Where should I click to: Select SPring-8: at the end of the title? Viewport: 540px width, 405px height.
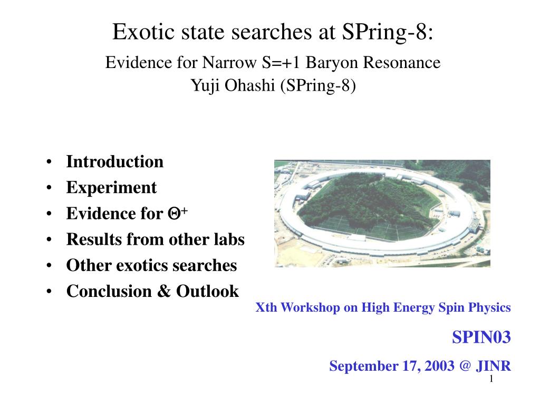click(x=388, y=33)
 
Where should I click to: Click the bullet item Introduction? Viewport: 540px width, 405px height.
click(x=114, y=161)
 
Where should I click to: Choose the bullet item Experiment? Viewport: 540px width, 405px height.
click(x=111, y=188)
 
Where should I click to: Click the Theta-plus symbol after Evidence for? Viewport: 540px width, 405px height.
click(x=178, y=213)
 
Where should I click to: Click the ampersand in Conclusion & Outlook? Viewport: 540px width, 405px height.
click(x=164, y=291)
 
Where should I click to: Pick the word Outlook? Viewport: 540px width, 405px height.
click(x=207, y=291)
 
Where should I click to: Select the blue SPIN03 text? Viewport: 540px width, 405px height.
click(x=481, y=337)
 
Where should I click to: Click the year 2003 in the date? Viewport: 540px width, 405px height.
click(x=439, y=366)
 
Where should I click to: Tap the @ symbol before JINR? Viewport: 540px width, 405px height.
click(x=465, y=366)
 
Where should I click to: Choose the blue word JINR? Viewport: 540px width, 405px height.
click(x=493, y=366)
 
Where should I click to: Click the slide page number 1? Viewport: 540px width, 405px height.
click(x=491, y=379)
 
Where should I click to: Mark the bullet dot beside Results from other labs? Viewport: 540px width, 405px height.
click(x=49, y=239)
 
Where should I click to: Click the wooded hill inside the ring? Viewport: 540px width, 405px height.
click(x=365, y=203)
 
